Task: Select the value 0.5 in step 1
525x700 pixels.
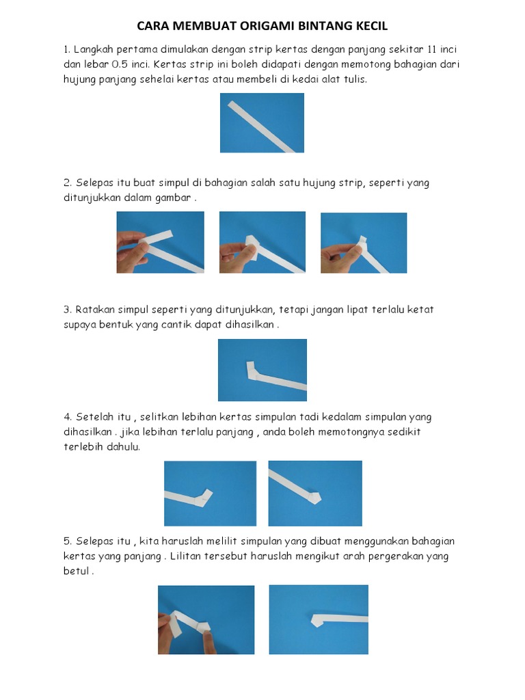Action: [120, 64]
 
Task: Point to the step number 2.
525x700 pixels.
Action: [68, 183]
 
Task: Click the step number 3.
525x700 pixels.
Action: [68, 310]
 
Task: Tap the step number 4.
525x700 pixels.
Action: [68, 417]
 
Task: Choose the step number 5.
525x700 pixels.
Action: [68, 541]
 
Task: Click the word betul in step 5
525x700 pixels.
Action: [76, 571]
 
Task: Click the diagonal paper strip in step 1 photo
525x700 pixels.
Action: [262, 126]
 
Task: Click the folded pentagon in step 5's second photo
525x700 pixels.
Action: [317, 619]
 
